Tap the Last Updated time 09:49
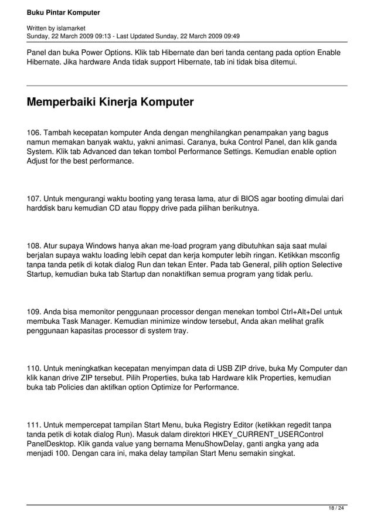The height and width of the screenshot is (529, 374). click(x=230, y=35)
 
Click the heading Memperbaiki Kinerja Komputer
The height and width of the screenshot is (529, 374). click(x=110, y=102)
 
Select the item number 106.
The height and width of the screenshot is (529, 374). click(x=35, y=133)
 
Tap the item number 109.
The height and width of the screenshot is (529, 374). click(x=35, y=312)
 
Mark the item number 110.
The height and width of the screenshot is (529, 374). click(x=35, y=368)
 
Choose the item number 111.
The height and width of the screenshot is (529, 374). click(x=35, y=425)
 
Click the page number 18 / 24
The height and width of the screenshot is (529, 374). click(x=336, y=508)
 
